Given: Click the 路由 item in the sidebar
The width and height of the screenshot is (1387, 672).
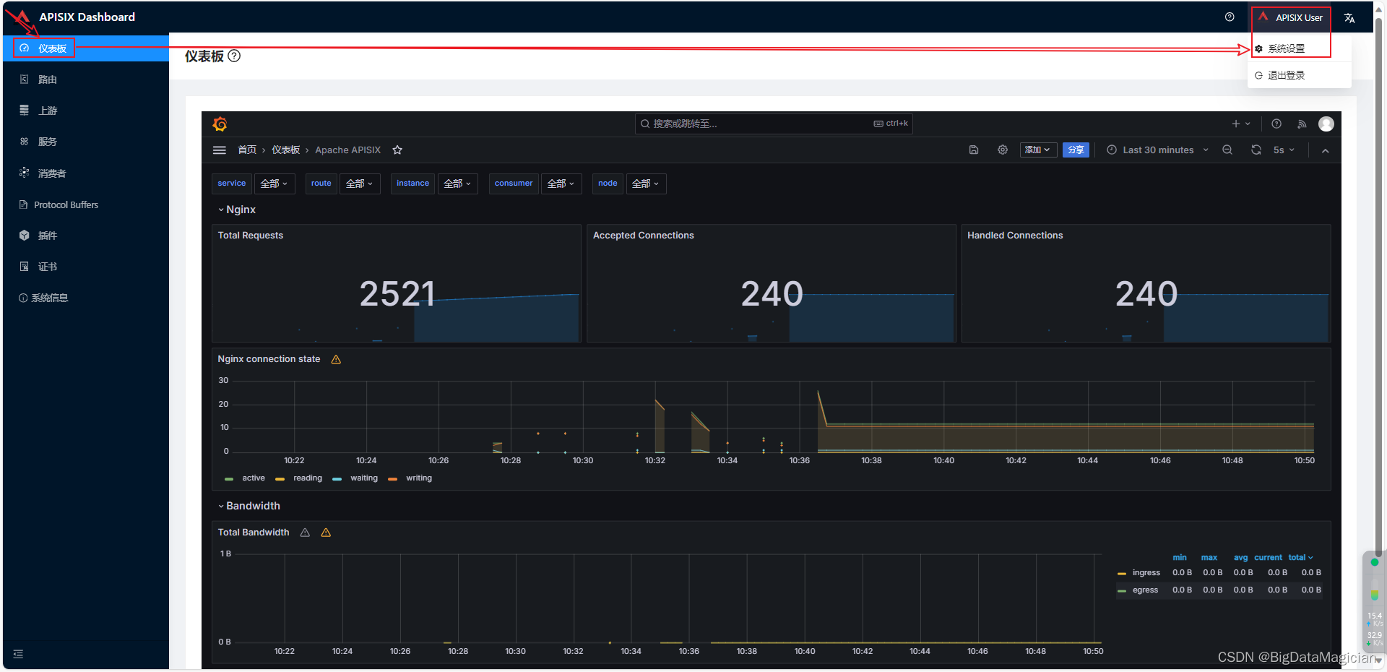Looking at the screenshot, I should pyautogui.click(x=47, y=79).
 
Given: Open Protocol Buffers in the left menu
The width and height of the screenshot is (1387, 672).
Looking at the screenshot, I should pyautogui.click(x=66, y=205).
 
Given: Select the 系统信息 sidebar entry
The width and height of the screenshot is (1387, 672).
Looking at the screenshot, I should pyautogui.click(x=49, y=298).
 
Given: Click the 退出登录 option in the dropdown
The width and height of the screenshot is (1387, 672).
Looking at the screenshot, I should pyautogui.click(x=1286, y=75).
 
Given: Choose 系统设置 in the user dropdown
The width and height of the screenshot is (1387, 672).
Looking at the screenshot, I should pyautogui.click(x=1286, y=48).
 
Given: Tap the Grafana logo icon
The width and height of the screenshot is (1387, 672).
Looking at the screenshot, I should pyautogui.click(x=220, y=124).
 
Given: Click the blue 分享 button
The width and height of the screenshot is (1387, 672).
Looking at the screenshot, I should pyautogui.click(x=1076, y=150).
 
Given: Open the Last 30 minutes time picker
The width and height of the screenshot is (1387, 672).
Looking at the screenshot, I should pyautogui.click(x=1158, y=150).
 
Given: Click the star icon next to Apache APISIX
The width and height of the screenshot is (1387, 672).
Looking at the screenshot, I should pyautogui.click(x=397, y=150).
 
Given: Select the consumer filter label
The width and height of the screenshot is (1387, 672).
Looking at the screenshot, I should pyautogui.click(x=514, y=184).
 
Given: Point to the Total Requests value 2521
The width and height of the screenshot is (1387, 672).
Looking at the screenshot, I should pyautogui.click(x=397, y=294).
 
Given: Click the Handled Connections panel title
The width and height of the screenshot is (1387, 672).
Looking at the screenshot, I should pyautogui.click(x=1015, y=236).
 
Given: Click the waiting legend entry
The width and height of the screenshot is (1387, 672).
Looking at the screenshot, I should pyautogui.click(x=363, y=478).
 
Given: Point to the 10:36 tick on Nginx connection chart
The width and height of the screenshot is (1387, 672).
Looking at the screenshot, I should pyautogui.click(x=800, y=460).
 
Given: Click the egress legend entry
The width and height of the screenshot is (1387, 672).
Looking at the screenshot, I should pyautogui.click(x=1145, y=590).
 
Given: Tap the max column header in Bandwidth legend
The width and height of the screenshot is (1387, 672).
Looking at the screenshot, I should pyautogui.click(x=1209, y=558).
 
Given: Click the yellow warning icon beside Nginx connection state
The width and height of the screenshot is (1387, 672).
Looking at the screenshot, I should pyautogui.click(x=336, y=360).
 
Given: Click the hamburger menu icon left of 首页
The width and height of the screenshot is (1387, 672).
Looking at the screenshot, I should pyautogui.click(x=220, y=150).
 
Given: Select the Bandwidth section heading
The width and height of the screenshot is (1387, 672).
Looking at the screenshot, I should pyautogui.click(x=253, y=506).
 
